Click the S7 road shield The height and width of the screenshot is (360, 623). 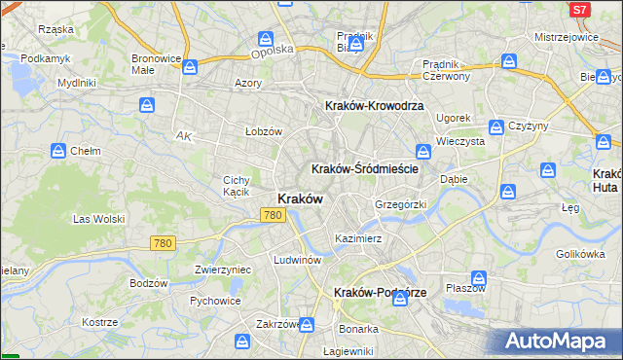(579, 9)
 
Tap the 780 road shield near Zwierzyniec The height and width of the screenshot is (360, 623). (162, 243)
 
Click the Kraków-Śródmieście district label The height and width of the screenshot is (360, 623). (365, 168)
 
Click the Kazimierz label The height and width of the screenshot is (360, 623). (357, 238)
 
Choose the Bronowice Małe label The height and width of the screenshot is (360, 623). (157, 63)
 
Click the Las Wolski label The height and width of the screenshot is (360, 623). (95, 219)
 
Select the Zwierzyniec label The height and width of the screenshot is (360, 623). (223, 270)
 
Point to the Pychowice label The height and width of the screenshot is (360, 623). (215, 301)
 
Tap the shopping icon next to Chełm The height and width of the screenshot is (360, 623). (57, 151)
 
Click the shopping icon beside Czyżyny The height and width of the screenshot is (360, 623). (496, 127)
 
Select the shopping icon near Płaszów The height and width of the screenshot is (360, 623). (478, 277)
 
